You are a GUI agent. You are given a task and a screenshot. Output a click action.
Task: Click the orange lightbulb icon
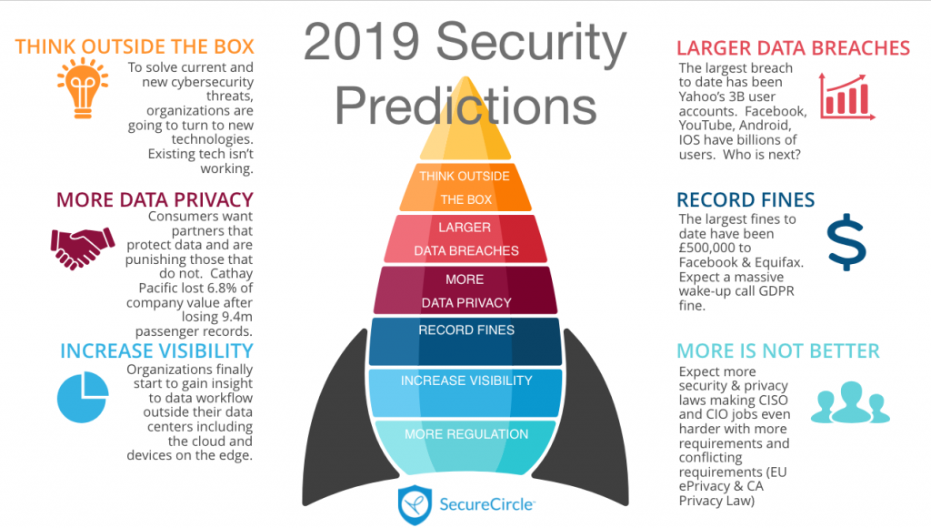[83, 88]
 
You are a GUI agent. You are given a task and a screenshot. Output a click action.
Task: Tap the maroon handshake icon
[82, 248]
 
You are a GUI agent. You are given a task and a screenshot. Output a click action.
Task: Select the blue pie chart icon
[83, 397]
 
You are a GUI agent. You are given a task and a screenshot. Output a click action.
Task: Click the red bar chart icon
[846, 96]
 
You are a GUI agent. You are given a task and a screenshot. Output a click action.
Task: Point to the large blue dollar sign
[846, 242]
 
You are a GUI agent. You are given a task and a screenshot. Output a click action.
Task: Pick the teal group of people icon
[850, 402]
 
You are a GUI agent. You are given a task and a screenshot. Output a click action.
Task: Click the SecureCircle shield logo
[415, 505]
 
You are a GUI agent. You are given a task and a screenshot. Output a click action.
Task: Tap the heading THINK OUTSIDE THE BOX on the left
[135, 46]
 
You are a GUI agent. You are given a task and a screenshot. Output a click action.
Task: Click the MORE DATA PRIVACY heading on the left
[155, 199]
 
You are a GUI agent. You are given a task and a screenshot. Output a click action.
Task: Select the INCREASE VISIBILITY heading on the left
[156, 350]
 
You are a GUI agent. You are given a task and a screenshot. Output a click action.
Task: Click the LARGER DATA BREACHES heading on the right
[793, 47]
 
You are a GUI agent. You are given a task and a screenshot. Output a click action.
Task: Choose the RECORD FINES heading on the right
[746, 199]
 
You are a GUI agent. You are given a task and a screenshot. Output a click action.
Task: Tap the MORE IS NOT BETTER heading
[778, 350]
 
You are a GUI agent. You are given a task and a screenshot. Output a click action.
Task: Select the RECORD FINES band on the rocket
[465, 341]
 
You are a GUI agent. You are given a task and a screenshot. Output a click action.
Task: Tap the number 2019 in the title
[362, 42]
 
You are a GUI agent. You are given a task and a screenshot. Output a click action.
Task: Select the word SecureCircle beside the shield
[487, 505]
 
